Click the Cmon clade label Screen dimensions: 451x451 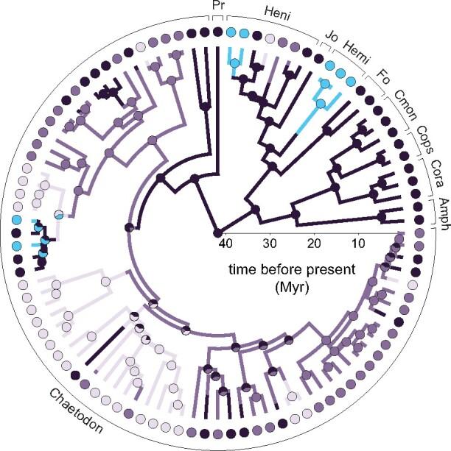point(405,97)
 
